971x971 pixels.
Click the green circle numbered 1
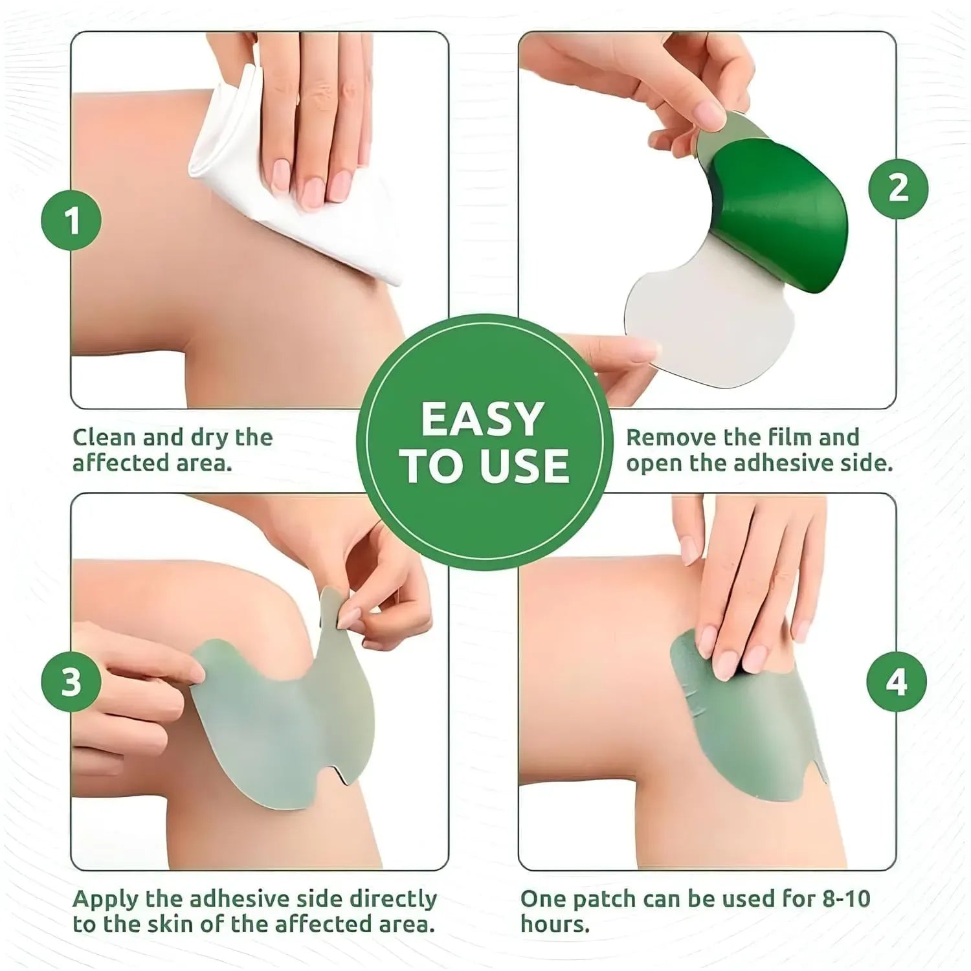point(71,221)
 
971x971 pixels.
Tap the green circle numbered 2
point(898,188)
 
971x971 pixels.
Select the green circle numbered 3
point(71,682)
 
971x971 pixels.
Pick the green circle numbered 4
point(897,682)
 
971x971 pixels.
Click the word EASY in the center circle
point(482,419)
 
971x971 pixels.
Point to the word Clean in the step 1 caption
point(105,438)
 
